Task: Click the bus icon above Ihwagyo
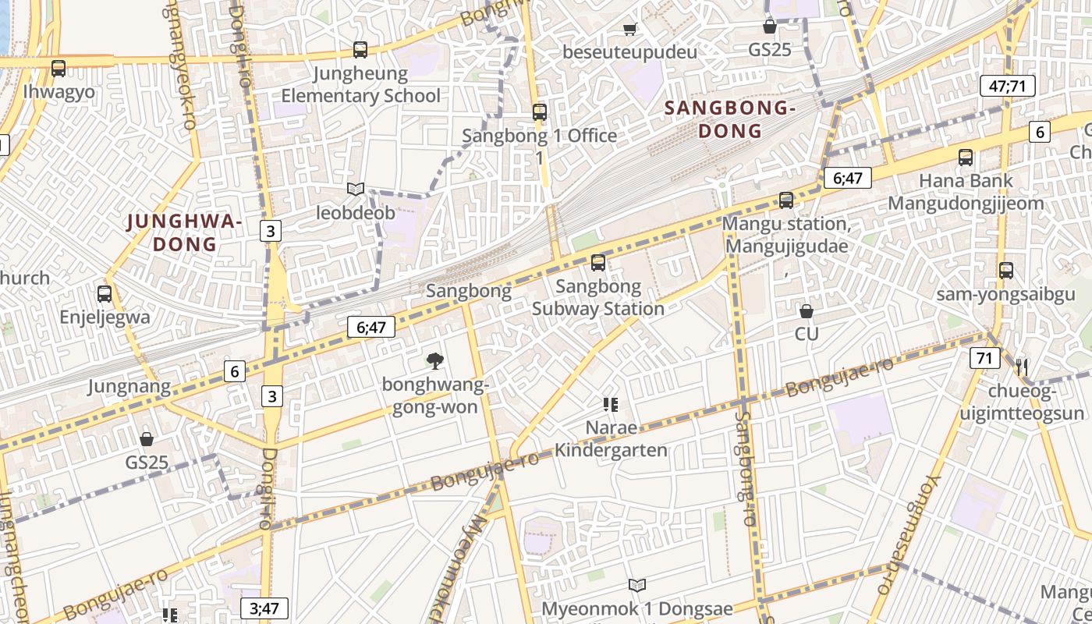tap(58, 69)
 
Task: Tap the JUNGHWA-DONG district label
tap(185, 233)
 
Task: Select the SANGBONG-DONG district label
tap(729, 120)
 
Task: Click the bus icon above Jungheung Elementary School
tap(360, 50)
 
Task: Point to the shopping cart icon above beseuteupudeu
tap(629, 30)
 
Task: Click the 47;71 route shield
tap(1007, 86)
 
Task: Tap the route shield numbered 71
tap(985, 358)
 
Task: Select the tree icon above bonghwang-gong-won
tap(435, 360)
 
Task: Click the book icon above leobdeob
tap(356, 189)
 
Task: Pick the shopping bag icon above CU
tap(807, 311)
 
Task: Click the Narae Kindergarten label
tap(611, 439)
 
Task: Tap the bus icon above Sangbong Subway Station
tap(598, 263)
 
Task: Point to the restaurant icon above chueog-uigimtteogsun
tap(1022, 367)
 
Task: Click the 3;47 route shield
tap(264, 608)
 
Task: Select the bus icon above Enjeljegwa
tap(105, 294)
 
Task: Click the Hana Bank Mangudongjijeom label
tap(966, 192)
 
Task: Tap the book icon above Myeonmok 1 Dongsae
tap(637, 585)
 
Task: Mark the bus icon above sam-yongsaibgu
tap(1006, 271)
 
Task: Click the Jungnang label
tap(129, 386)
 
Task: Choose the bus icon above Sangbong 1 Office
tap(540, 112)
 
